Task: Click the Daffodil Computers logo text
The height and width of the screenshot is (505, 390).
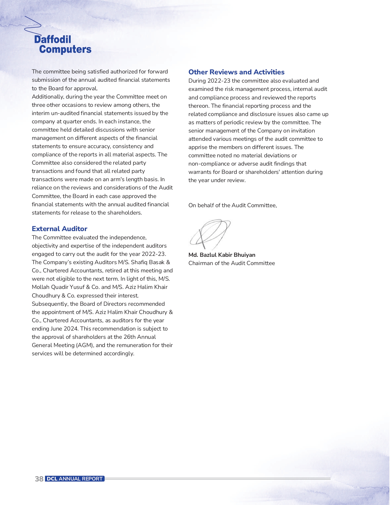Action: (63, 44)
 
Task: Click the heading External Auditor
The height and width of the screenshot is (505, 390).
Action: (59, 229)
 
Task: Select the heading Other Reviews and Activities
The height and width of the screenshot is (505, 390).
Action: (236, 72)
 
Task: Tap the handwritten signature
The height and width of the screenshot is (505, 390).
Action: (210, 234)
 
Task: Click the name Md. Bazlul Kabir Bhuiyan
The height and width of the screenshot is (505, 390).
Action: (222, 255)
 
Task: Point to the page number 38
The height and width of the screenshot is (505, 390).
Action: (39, 479)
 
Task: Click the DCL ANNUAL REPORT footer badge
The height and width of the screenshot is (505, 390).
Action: (75, 479)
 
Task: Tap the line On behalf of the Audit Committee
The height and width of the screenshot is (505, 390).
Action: (232, 205)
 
